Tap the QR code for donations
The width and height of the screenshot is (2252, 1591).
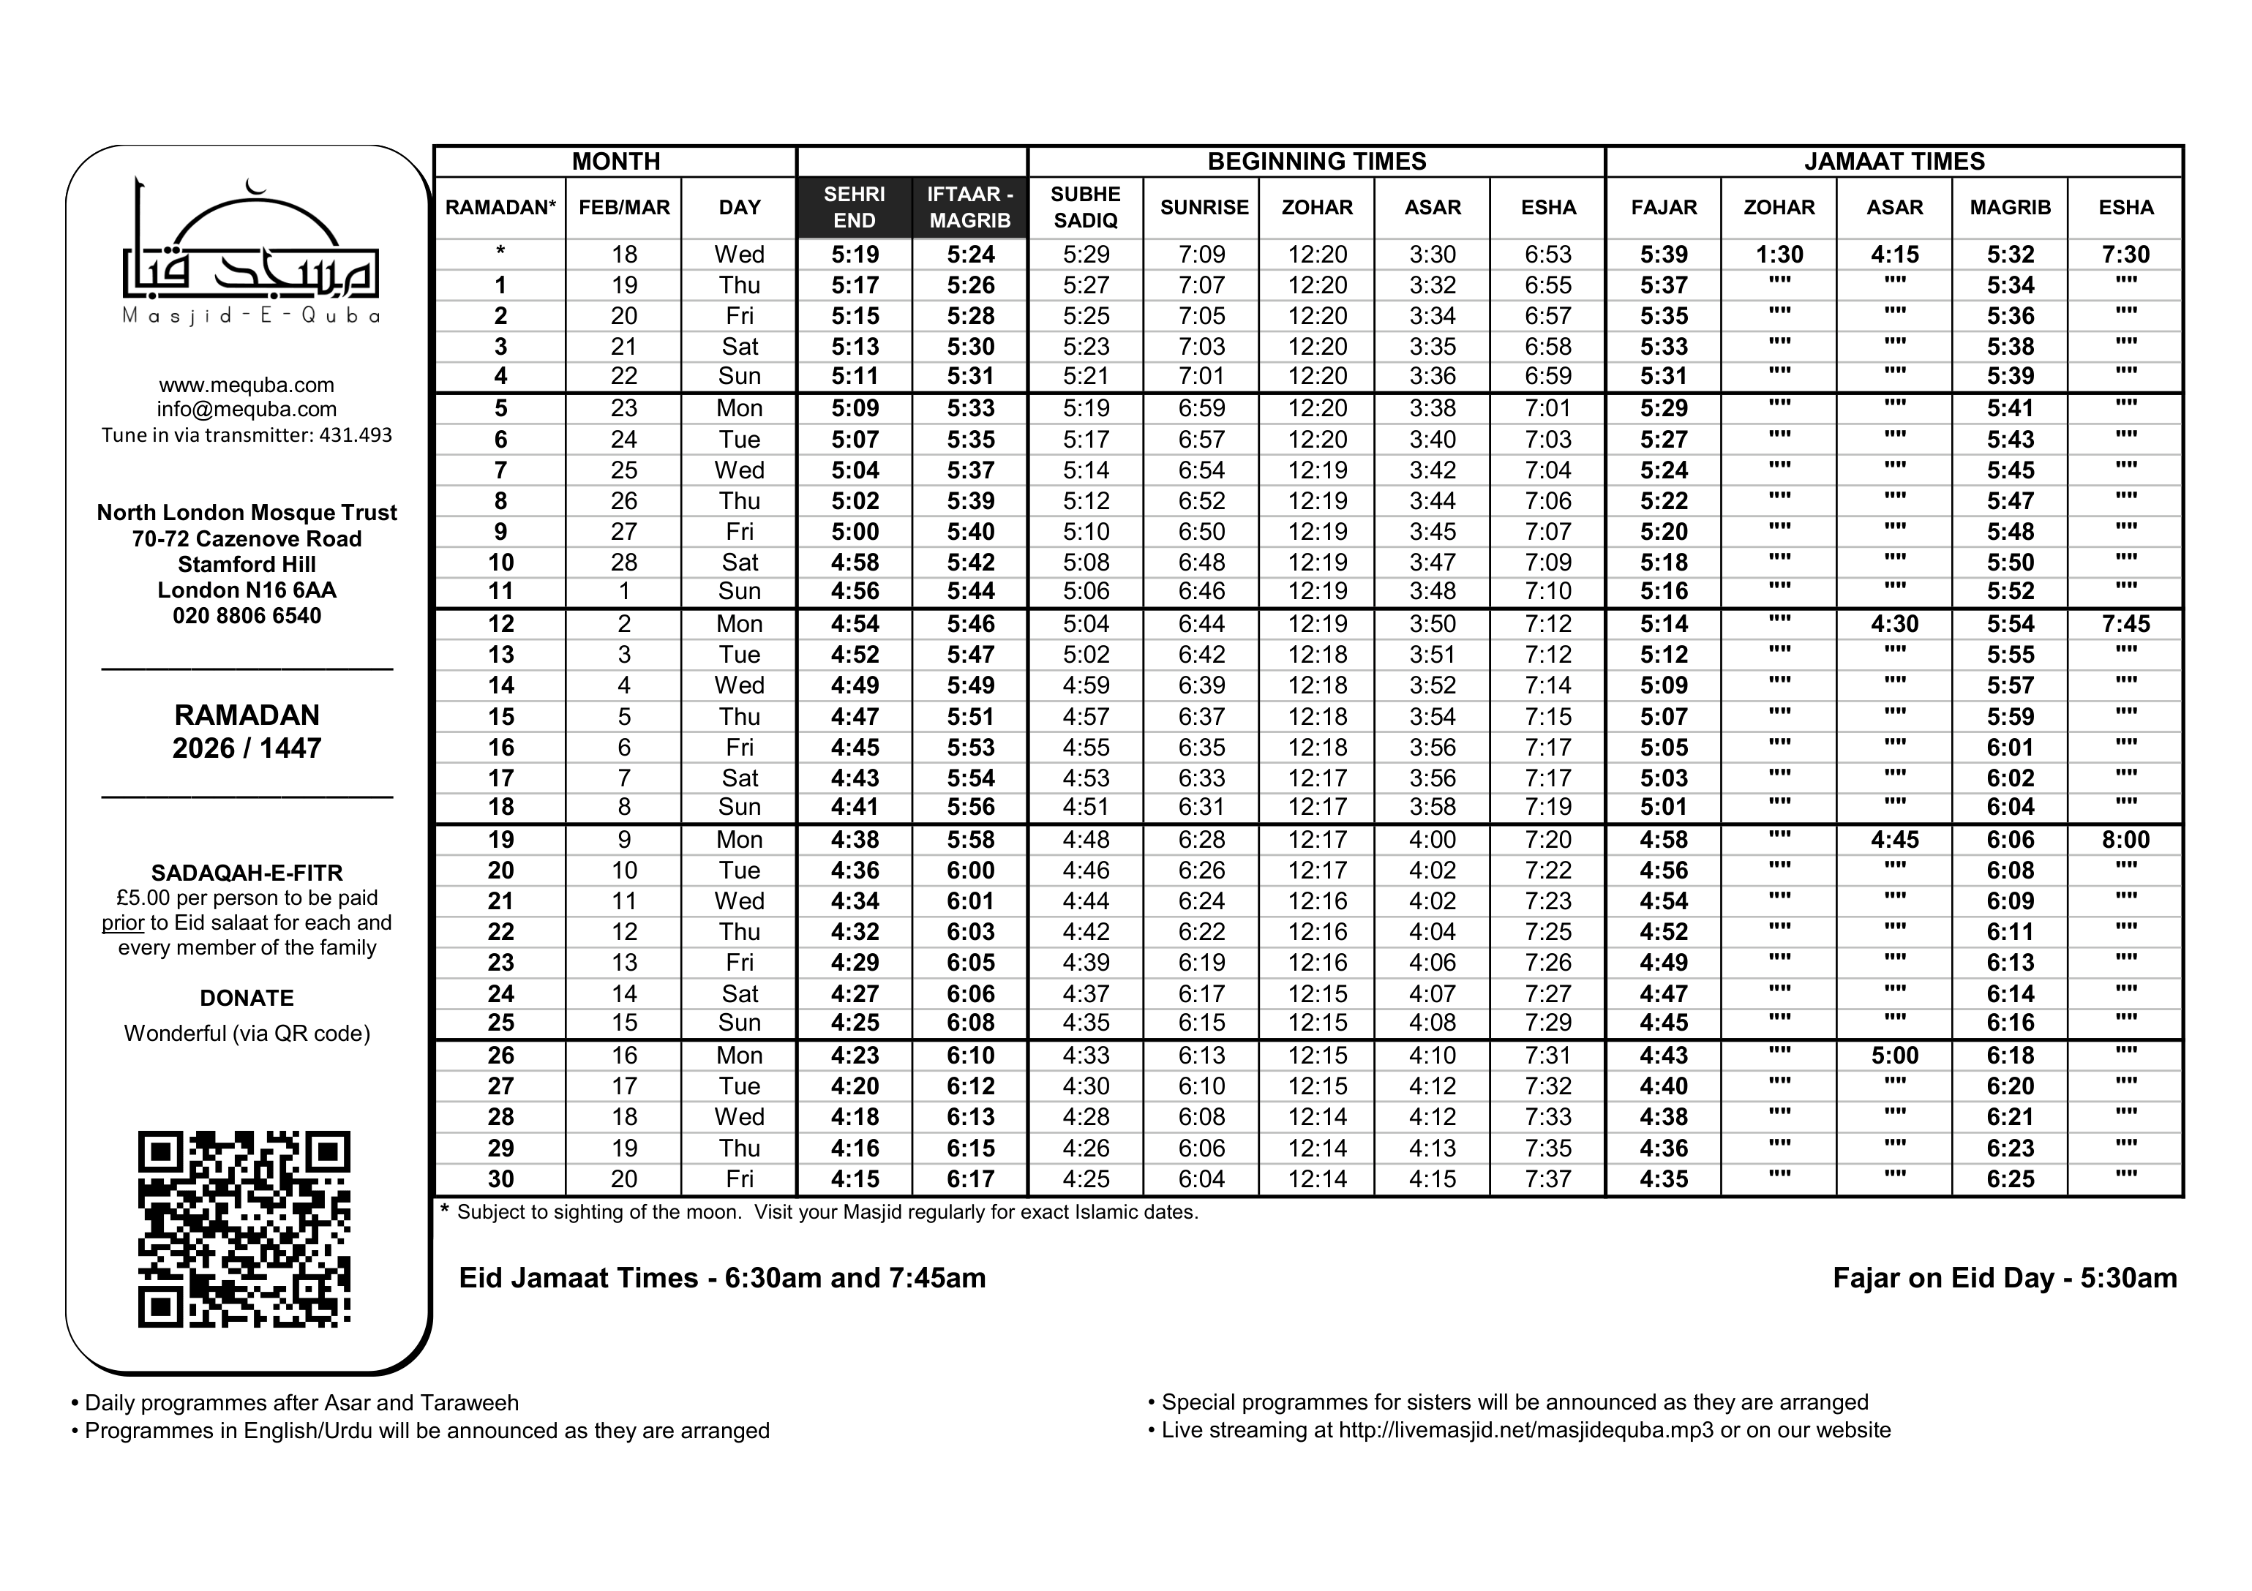click(x=244, y=1228)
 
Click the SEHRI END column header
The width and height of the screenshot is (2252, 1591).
click(x=855, y=207)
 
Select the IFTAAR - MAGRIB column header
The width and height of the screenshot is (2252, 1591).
click(x=970, y=207)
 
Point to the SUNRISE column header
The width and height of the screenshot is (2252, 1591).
click(x=1204, y=207)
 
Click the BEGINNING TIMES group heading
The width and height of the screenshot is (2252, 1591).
click(x=1316, y=162)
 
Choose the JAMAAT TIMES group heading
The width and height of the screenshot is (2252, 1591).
click(x=1894, y=162)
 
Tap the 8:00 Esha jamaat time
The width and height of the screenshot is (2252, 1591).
click(x=2125, y=840)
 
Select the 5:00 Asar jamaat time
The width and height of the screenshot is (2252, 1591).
click(x=1894, y=1056)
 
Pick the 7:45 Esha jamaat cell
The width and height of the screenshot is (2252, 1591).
click(x=2125, y=624)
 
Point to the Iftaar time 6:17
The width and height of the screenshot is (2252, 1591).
click(x=970, y=1179)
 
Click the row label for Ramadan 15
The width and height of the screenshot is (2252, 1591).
click(x=500, y=717)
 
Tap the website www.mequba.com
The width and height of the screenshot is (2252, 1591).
click(x=246, y=385)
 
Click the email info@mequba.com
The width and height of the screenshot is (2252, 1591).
click(x=246, y=409)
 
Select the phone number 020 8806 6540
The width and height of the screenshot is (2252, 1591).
click(x=246, y=616)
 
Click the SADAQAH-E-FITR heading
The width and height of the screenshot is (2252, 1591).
click(x=246, y=872)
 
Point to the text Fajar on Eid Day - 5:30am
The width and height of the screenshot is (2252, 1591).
click(x=2004, y=1278)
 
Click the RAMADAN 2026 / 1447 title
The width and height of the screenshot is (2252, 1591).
click(x=246, y=731)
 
